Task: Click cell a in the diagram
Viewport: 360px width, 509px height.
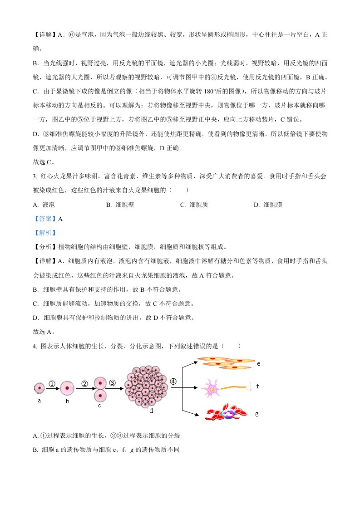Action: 40,388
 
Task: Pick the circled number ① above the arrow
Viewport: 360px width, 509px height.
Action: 52,383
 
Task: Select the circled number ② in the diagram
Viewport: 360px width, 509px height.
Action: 84,383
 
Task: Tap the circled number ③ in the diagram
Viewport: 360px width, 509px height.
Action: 113,382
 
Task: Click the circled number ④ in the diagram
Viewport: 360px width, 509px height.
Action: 173,382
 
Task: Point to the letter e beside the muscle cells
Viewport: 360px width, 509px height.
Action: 258,364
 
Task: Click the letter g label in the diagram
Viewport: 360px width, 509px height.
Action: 257,414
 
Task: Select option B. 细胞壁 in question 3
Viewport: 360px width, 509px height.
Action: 120,205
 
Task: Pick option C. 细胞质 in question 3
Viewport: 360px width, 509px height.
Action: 194,205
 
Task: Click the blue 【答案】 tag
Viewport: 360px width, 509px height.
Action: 45,219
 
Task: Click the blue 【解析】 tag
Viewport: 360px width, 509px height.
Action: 44,233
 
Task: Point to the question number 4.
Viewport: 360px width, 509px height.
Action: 35,346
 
